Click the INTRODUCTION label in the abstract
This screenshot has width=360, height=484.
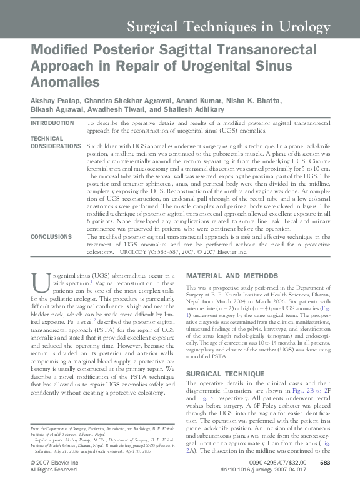click(52, 123)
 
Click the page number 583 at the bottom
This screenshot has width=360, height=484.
click(324, 462)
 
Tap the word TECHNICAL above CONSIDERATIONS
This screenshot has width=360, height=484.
click(47, 138)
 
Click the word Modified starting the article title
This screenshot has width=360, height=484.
click(58, 50)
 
